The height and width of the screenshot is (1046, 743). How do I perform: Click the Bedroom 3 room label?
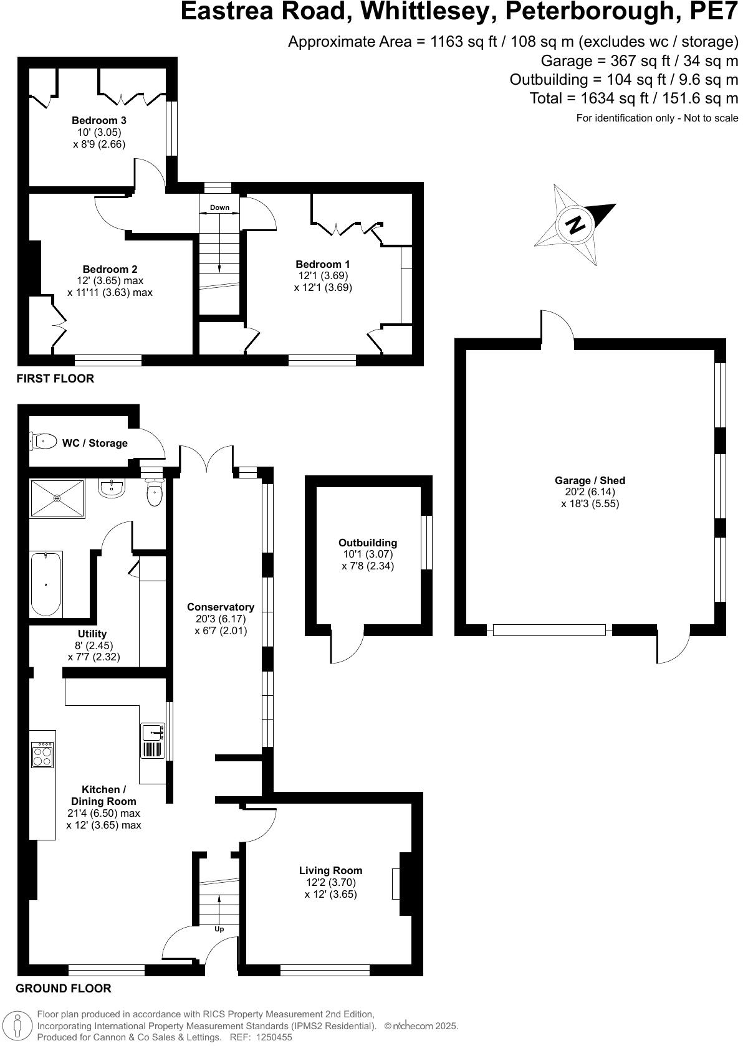pos(98,120)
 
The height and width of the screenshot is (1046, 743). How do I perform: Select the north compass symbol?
pos(575,224)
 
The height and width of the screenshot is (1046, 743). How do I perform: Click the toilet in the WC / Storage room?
pos(43,442)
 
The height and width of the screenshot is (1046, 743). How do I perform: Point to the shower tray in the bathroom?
pos(57,498)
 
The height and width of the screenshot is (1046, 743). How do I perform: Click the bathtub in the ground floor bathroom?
pos(47,584)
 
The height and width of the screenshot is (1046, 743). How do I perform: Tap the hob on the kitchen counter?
pos(42,755)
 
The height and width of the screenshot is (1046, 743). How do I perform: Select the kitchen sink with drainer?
pos(153,741)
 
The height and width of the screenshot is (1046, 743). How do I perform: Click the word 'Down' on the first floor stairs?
pos(219,207)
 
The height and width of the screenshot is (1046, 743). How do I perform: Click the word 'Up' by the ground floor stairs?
pos(219,929)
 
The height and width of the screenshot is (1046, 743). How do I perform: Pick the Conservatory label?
pos(221,607)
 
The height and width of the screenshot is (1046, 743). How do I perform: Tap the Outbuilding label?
pos(368,543)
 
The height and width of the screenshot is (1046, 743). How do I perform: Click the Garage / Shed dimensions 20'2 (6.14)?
pos(590,492)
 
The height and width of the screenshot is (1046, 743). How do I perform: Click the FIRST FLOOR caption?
pos(55,378)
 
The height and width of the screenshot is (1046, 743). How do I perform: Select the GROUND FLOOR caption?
pos(64,988)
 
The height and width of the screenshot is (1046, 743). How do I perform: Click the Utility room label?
pos(92,634)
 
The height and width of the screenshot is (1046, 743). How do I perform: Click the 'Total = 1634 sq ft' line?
pos(633,98)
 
